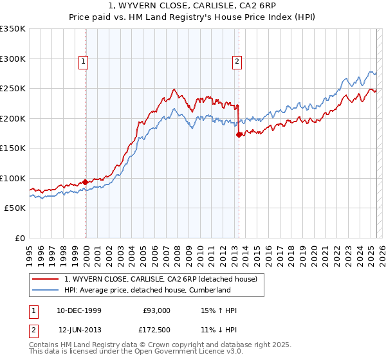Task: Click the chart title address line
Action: (x=193, y=6)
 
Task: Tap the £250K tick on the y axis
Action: (x=13, y=89)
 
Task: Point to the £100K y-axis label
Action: (x=13, y=178)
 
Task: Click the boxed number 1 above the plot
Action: (x=84, y=62)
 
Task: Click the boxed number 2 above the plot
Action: (x=237, y=62)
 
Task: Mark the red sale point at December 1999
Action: (x=86, y=183)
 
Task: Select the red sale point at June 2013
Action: (x=239, y=135)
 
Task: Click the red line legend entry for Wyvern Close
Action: (x=161, y=279)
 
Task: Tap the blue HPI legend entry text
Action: (x=147, y=290)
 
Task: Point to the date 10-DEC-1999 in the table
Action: (x=79, y=310)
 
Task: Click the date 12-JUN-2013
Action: (x=80, y=330)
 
